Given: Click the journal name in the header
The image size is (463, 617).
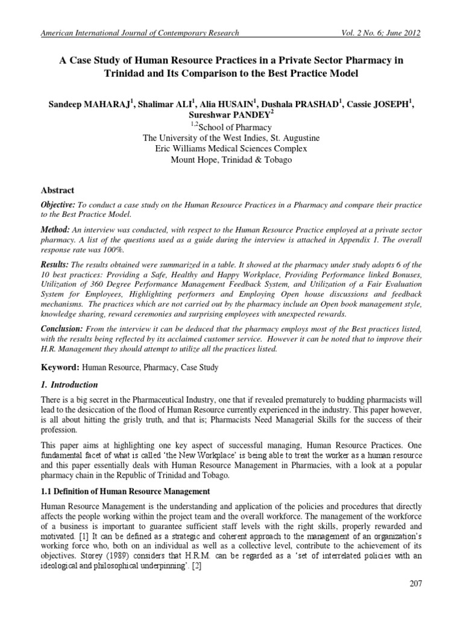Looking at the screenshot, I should tap(139, 33).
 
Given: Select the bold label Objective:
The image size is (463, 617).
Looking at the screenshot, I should tap(59, 205).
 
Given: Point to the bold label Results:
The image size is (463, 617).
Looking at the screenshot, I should tap(55, 265).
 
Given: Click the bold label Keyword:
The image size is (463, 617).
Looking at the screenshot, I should tap(60, 367).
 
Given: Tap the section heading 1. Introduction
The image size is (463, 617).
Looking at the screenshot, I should tap(69, 384).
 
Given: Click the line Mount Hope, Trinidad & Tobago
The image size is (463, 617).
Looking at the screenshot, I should tap(231, 160).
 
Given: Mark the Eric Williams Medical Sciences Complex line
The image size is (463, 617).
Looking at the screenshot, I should tap(231, 149).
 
